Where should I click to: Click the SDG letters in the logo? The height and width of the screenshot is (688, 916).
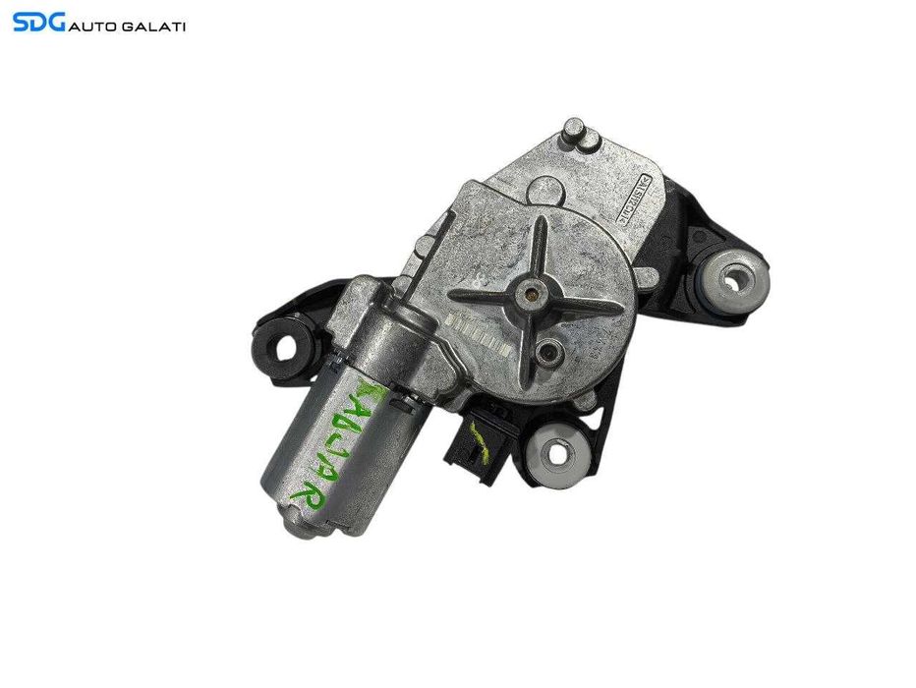click(x=38, y=21)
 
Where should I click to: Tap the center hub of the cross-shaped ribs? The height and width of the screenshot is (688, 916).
click(x=532, y=292)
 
